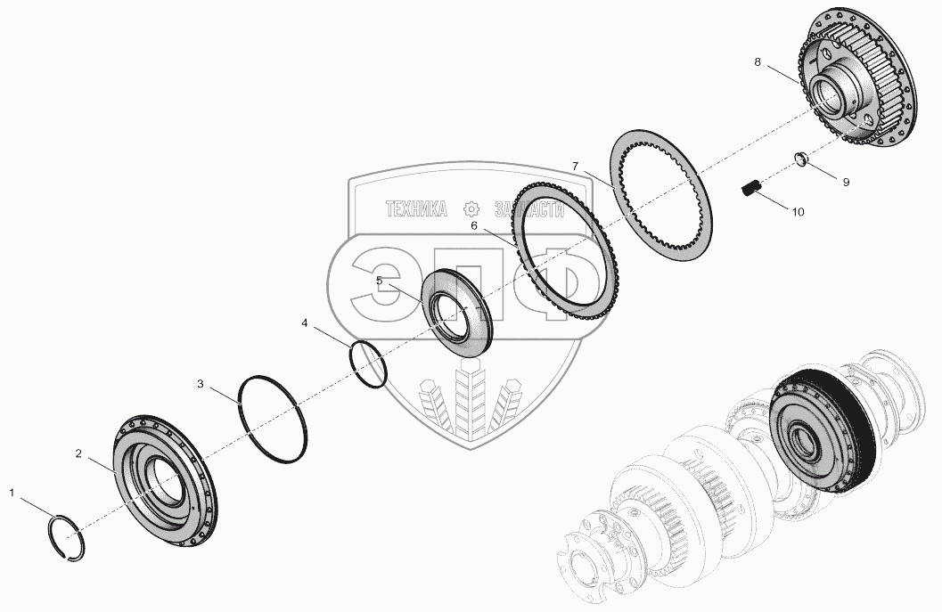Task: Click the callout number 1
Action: (x=12, y=492)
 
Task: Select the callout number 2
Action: (x=78, y=453)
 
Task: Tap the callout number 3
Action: (x=201, y=384)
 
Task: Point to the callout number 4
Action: (x=305, y=323)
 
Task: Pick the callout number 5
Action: (x=379, y=280)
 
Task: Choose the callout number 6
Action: (x=474, y=226)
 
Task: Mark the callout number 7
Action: (x=576, y=167)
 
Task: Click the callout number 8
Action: (x=758, y=62)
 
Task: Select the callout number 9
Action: (x=845, y=182)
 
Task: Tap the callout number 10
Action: (x=798, y=212)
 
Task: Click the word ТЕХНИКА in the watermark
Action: (x=415, y=209)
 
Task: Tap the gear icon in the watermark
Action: (x=472, y=209)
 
